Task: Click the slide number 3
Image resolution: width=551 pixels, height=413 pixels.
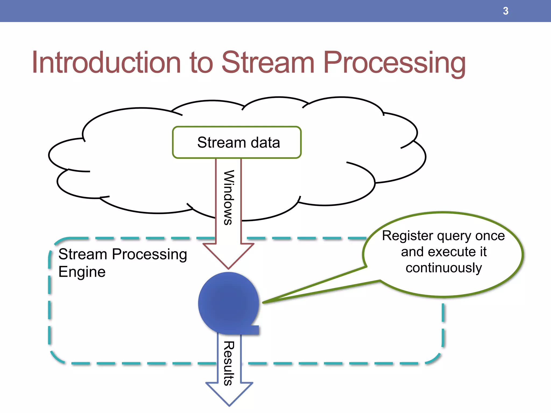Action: (x=506, y=11)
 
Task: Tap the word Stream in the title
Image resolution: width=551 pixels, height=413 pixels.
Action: (x=268, y=62)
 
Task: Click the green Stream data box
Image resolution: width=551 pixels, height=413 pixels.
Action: (x=237, y=142)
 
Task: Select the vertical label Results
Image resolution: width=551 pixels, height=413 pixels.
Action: (x=229, y=363)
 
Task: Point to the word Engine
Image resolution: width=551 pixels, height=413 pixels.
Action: (x=82, y=272)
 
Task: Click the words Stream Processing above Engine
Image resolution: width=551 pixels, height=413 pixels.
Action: (x=123, y=254)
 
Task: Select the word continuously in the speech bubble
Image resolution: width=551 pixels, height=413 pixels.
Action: (x=444, y=268)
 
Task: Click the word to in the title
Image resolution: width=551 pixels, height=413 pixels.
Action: (x=201, y=62)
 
